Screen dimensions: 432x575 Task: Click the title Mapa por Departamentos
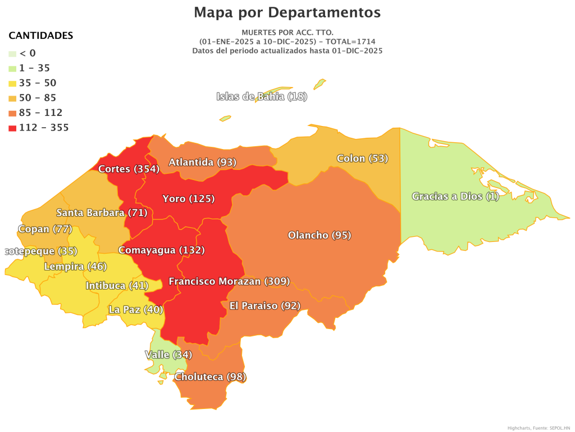[287, 12]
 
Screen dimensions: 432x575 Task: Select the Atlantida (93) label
[202, 162]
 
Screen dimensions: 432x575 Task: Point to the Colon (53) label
[362, 158]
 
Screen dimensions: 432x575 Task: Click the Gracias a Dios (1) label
[455, 196]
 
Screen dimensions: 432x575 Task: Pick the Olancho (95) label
[319, 235]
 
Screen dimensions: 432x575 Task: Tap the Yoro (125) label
[188, 199]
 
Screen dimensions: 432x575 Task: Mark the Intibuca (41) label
[116, 286]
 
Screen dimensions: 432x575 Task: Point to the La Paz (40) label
[135, 309]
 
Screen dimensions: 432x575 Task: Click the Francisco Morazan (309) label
[229, 281]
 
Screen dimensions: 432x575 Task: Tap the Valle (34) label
[168, 354]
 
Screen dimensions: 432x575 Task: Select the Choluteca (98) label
[210, 376]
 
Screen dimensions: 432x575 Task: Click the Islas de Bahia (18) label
[262, 96]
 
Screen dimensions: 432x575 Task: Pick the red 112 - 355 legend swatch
[12, 128]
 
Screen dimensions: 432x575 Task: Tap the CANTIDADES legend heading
[40, 35]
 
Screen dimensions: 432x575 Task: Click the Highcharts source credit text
[538, 428]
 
